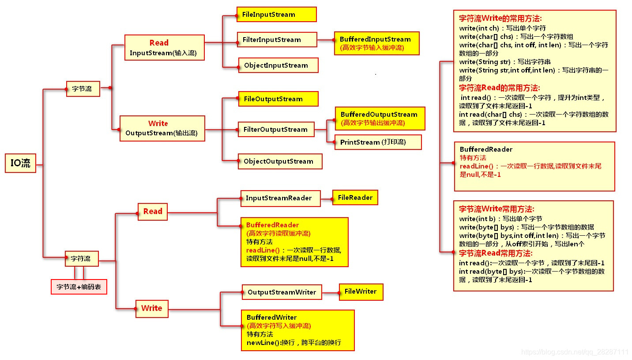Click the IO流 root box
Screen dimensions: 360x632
(x=21, y=163)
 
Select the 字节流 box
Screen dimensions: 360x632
(x=83, y=88)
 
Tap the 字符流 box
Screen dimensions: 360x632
(x=81, y=258)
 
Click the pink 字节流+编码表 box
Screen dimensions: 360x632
(x=79, y=287)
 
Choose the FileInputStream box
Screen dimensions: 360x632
(x=277, y=14)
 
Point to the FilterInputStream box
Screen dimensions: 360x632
(x=277, y=40)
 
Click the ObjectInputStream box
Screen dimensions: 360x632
(x=278, y=65)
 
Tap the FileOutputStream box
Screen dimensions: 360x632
(x=278, y=99)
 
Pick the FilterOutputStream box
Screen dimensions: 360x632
(x=276, y=130)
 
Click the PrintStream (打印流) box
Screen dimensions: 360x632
(x=378, y=142)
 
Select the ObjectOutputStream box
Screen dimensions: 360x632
(x=280, y=161)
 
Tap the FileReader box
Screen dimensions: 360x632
(x=355, y=197)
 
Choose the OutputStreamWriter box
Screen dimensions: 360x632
(x=282, y=292)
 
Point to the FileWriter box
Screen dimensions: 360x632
(x=361, y=291)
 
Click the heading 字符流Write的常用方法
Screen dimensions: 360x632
(x=500, y=19)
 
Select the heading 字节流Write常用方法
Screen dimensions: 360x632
(x=497, y=209)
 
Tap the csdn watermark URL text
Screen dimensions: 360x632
(x=575, y=352)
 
